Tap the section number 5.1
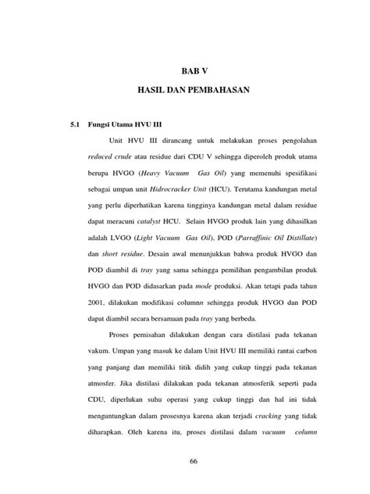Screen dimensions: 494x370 75,125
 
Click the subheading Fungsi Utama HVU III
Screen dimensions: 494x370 125,125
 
